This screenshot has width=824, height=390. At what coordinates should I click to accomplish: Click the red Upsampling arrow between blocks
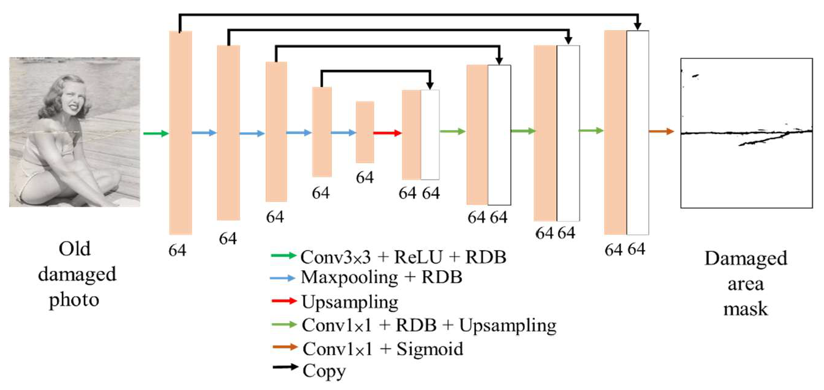[387, 133]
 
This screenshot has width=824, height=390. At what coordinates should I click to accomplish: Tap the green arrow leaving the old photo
[156, 133]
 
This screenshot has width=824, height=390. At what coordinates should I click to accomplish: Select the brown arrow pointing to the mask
[662, 131]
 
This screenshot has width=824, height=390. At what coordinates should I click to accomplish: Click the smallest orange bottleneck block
[365, 132]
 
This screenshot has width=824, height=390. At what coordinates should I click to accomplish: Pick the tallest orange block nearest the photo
[180, 133]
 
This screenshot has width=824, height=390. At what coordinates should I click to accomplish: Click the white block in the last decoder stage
[638, 133]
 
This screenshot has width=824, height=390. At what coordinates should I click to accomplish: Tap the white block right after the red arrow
[430, 134]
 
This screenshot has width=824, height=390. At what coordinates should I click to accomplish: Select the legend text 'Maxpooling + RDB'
[382, 277]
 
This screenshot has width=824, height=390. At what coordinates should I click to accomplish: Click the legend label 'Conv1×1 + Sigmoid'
[382, 349]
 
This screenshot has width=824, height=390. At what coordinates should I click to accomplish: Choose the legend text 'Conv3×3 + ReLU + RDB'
[403, 257]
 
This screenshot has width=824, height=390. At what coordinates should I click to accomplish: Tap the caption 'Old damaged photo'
[77, 275]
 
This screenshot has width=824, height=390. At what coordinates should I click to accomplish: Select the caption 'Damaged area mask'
[745, 284]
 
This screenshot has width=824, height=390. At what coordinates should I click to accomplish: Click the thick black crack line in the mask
[730, 133]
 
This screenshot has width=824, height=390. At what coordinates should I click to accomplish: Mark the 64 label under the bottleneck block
[365, 178]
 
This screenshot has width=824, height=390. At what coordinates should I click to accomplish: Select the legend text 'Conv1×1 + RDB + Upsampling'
[428, 326]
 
